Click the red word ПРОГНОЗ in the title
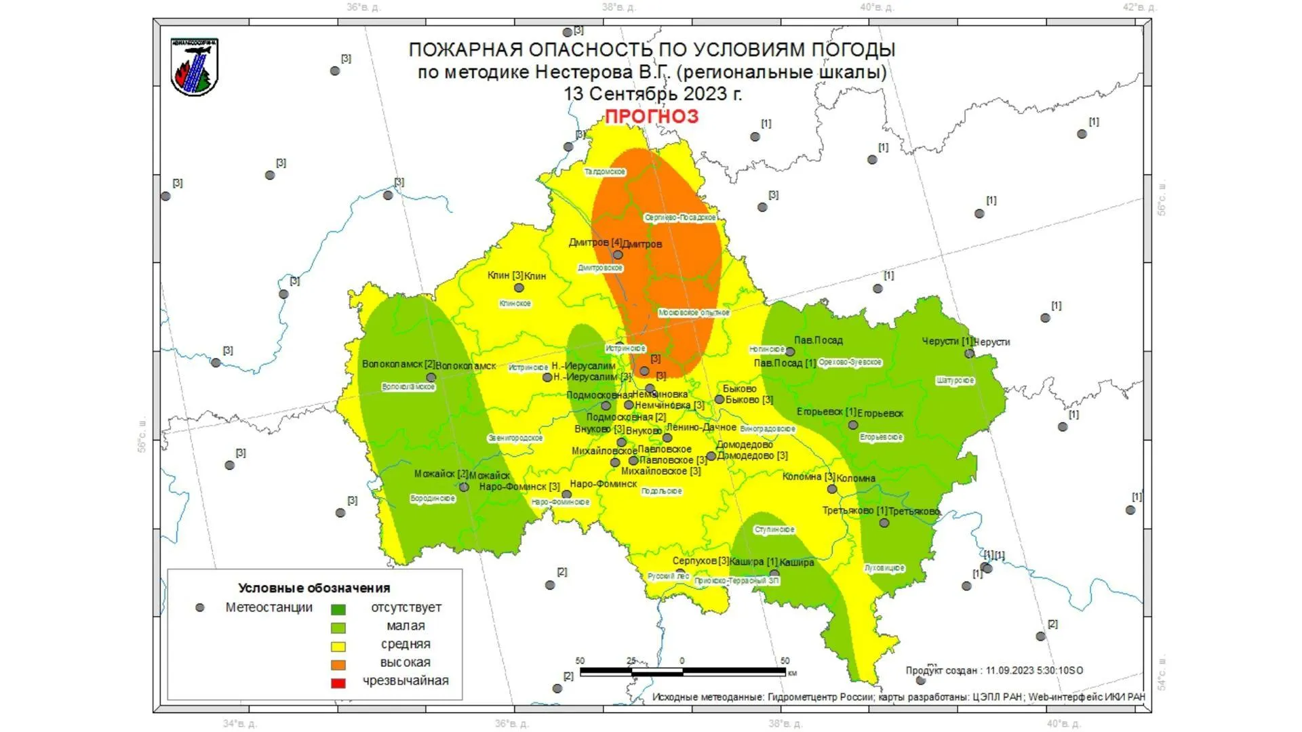point(651,117)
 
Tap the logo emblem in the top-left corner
point(195,67)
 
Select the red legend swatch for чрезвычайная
point(338,683)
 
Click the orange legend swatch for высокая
point(338,664)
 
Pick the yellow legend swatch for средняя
point(338,646)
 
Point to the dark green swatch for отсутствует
point(338,609)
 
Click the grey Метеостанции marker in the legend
point(200,608)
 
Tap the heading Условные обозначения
point(314,588)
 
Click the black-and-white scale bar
point(682,672)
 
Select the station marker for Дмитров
point(618,256)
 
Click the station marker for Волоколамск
point(431,378)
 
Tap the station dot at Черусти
point(969,353)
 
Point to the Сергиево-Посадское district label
point(679,218)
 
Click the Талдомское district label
point(605,172)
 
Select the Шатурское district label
point(955,381)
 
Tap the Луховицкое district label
point(884,568)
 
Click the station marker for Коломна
point(832,489)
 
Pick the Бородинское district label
point(433,499)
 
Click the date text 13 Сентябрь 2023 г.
point(652,94)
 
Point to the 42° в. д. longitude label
point(1139,7)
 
